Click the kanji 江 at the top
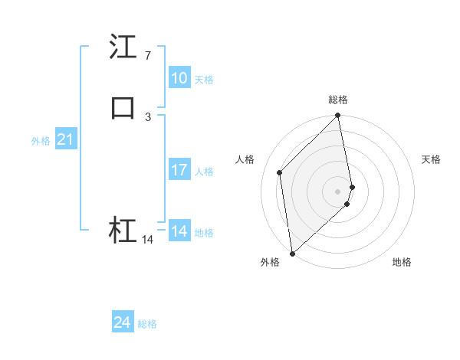123,47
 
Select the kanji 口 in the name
123,107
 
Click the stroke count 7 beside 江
147,56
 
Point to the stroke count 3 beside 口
147,116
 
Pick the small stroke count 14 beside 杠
147,240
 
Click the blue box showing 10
179,78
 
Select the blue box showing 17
179,170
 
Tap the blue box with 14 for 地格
179,231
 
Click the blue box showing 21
65,139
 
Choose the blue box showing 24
123,323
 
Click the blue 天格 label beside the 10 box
204,79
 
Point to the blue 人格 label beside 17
204,171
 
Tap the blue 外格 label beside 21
41,140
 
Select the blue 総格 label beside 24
147,324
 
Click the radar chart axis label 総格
338,100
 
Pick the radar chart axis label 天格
431,159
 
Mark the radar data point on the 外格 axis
292,253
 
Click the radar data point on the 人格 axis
280,172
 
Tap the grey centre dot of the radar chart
338,191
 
